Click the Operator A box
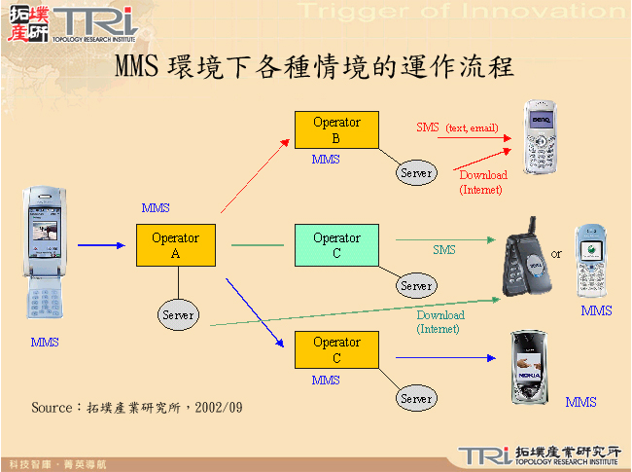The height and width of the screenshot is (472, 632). tap(175, 245)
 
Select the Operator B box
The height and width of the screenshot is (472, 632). tap(336, 129)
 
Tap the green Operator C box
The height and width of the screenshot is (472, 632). tap(336, 245)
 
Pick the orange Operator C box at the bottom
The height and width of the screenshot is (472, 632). tap(336, 349)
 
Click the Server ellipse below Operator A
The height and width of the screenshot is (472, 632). tap(178, 314)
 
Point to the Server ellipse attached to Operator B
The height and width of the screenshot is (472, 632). tap(416, 172)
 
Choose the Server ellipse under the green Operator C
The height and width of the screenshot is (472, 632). tap(415, 286)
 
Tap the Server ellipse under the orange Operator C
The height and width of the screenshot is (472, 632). tap(416, 398)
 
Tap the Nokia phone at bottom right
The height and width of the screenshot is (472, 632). tap(535, 368)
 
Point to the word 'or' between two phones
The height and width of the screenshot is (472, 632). tap(556, 254)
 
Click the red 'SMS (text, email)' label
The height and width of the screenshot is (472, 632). tap(457, 127)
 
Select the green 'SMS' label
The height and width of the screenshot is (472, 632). tap(443, 250)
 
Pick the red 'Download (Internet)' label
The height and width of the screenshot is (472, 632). tap(482, 183)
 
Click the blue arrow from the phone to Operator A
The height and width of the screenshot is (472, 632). tap(101, 245)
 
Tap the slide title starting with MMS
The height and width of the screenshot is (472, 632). tap(314, 68)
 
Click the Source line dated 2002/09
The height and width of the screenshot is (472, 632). tap(136, 407)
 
